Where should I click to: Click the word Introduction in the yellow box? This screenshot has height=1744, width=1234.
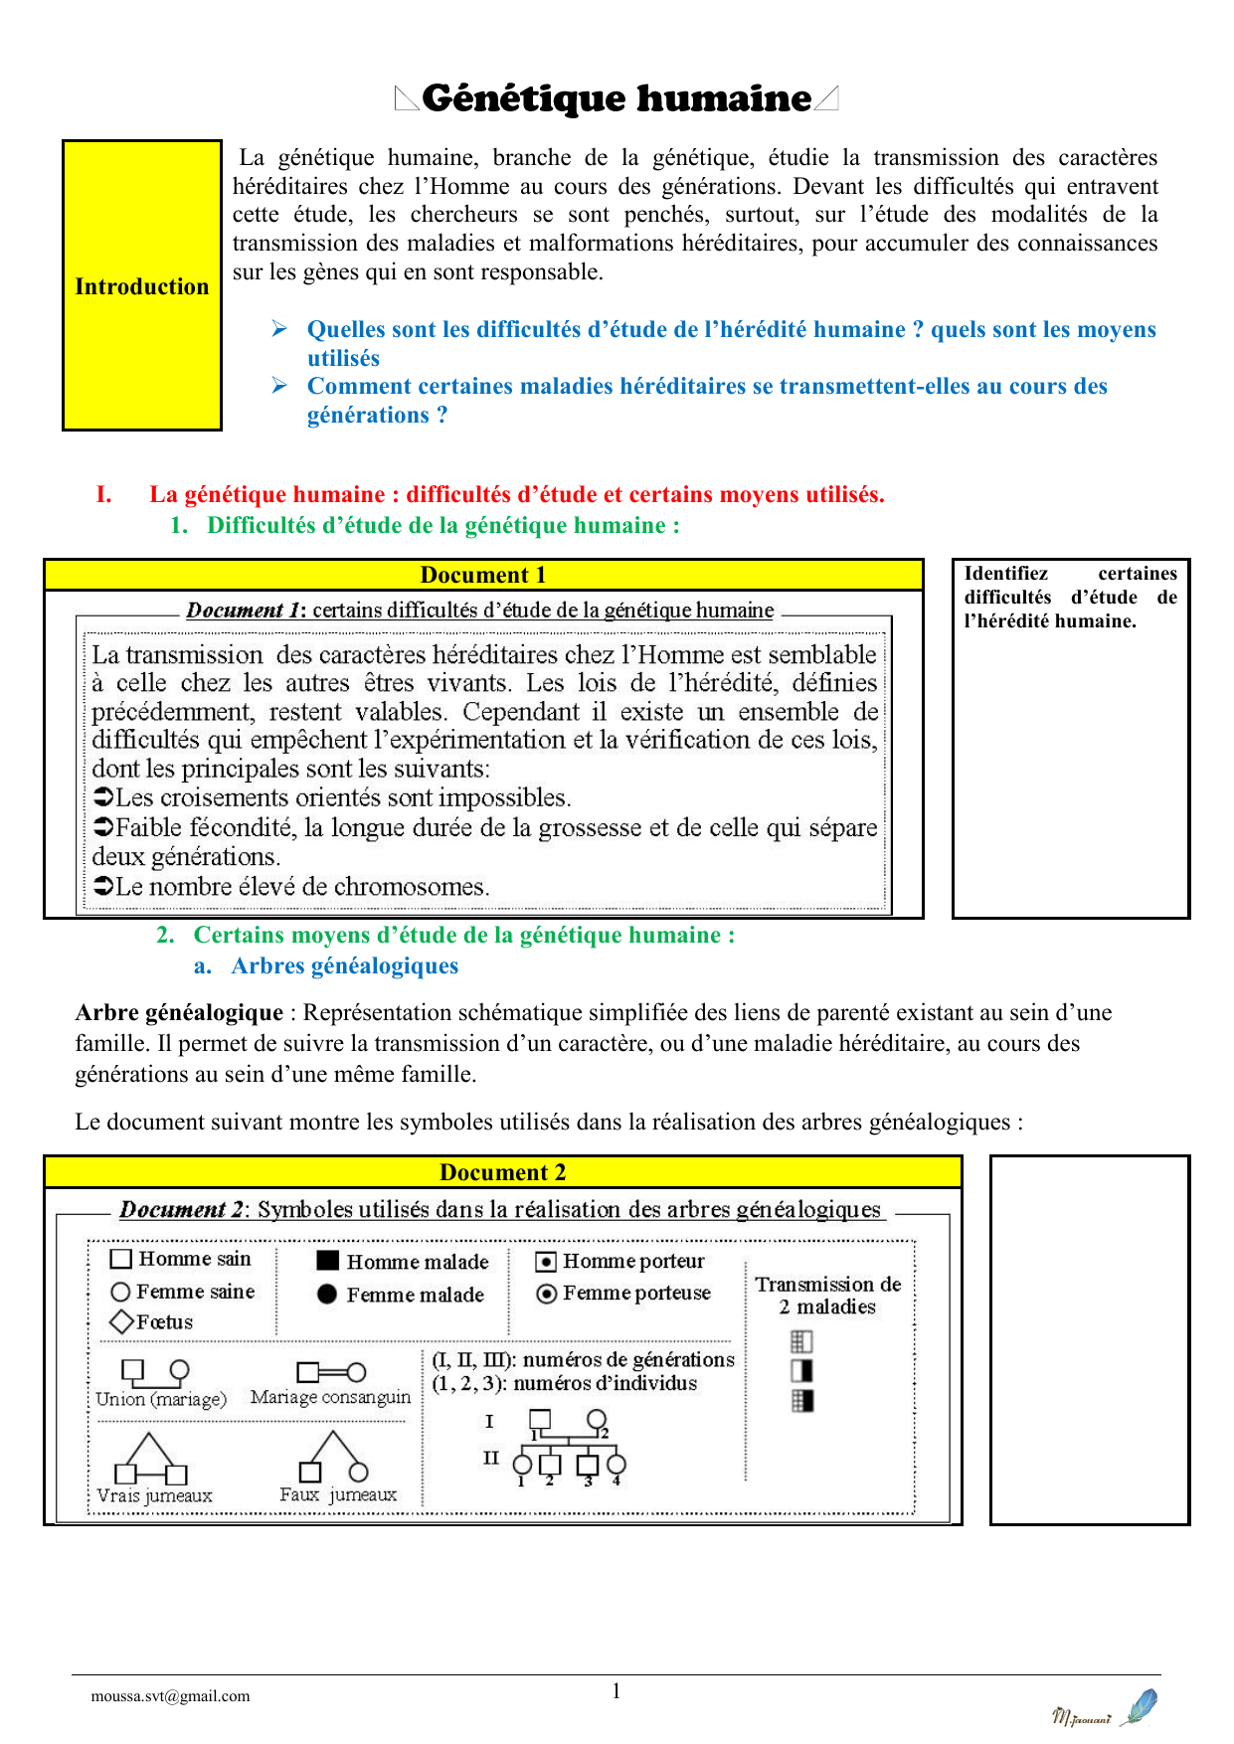(x=142, y=286)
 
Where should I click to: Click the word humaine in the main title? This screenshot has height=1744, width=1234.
(x=724, y=98)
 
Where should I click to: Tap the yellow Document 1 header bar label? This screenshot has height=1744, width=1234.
(x=483, y=575)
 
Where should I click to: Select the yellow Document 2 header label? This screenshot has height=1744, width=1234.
(x=503, y=1172)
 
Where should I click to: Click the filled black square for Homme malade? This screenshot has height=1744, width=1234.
(x=327, y=1261)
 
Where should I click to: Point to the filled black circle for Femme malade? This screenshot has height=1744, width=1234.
(x=327, y=1294)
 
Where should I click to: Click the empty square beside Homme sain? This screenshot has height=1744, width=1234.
(x=121, y=1259)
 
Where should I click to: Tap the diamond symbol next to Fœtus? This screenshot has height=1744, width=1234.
(x=121, y=1321)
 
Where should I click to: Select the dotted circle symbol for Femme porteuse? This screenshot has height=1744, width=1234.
(x=546, y=1294)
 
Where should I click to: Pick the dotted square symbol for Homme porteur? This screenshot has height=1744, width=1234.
(x=546, y=1262)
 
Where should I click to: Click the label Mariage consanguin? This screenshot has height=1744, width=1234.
(x=330, y=1397)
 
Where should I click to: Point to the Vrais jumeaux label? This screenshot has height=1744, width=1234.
(x=154, y=1495)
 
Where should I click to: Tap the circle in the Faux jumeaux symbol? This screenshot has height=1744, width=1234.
(x=359, y=1472)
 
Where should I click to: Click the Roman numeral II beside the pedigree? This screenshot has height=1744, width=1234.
(x=491, y=1458)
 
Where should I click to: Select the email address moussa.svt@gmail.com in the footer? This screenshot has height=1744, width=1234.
(x=170, y=1696)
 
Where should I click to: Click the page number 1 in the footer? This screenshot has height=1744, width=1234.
(x=617, y=1691)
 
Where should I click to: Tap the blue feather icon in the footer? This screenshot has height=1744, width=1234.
(x=1140, y=1707)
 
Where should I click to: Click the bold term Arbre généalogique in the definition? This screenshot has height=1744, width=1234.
(x=179, y=1013)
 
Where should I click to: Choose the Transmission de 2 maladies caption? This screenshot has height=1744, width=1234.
(x=827, y=1296)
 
